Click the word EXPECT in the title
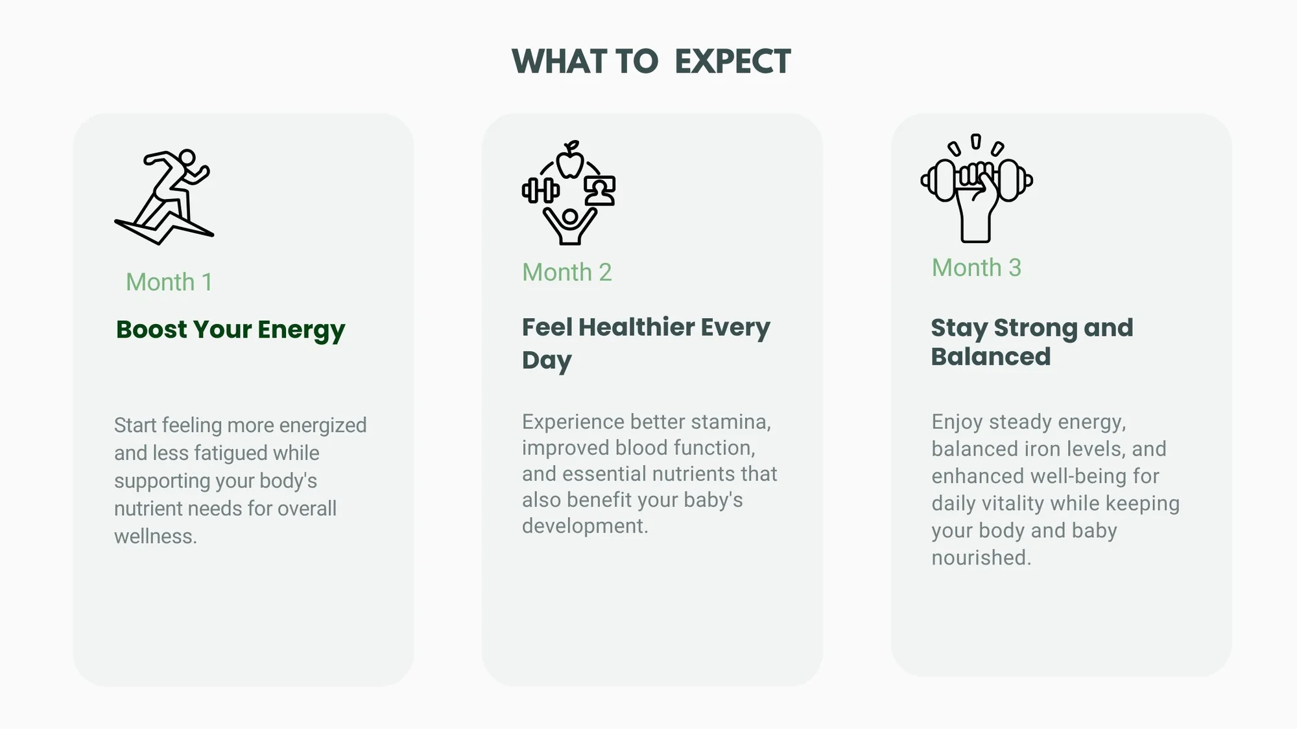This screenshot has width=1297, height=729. [x=733, y=62]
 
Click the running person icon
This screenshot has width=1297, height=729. [x=164, y=197]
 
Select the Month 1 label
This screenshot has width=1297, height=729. [x=169, y=282]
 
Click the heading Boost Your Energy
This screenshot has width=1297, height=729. [x=230, y=330]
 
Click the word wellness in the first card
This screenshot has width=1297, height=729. [x=156, y=537]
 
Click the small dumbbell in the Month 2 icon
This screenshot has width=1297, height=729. [x=541, y=191]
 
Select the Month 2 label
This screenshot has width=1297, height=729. [x=567, y=272]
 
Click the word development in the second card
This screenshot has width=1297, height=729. [x=585, y=526]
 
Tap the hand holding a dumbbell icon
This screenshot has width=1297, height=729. [x=977, y=188]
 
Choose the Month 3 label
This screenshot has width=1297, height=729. [x=977, y=268]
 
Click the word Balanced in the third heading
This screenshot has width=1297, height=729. [x=991, y=357]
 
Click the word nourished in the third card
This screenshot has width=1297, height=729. [x=981, y=558]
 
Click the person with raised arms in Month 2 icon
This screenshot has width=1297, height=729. [x=570, y=226]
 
